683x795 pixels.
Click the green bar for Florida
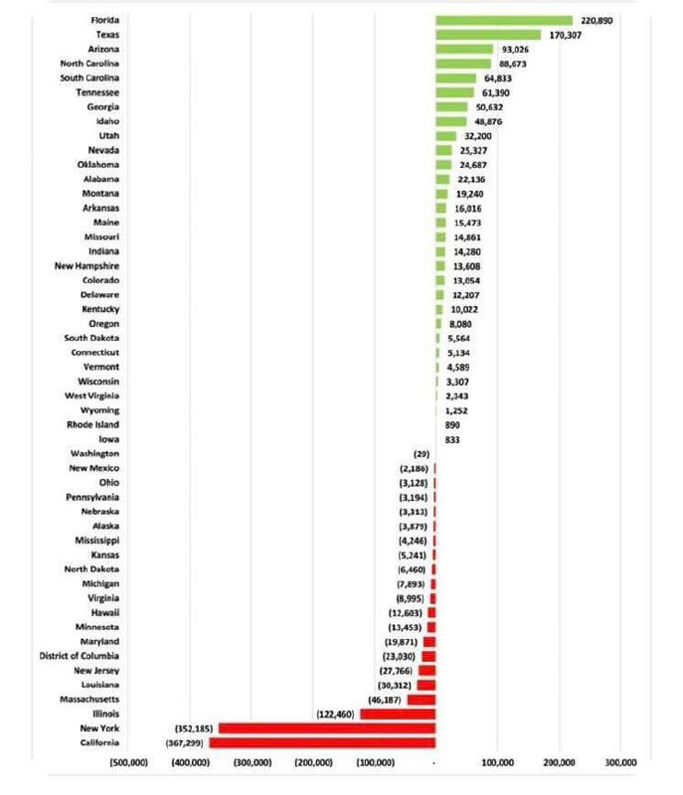[x=503, y=20]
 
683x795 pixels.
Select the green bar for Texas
[x=487, y=35]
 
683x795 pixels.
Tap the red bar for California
[x=322, y=742]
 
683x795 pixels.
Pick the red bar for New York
[x=327, y=728]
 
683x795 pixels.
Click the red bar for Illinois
[x=398, y=714]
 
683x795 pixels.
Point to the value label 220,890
[x=600, y=20]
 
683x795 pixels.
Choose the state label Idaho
[x=108, y=121]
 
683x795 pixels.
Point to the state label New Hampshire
[x=88, y=266]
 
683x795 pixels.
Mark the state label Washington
[x=96, y=453]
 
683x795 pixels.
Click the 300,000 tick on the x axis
[x=619, y=762]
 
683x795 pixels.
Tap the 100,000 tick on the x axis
[x=496, y=762]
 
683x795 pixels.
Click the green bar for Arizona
[x=463, y=49]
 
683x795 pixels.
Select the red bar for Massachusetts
[x=422, y=700]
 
